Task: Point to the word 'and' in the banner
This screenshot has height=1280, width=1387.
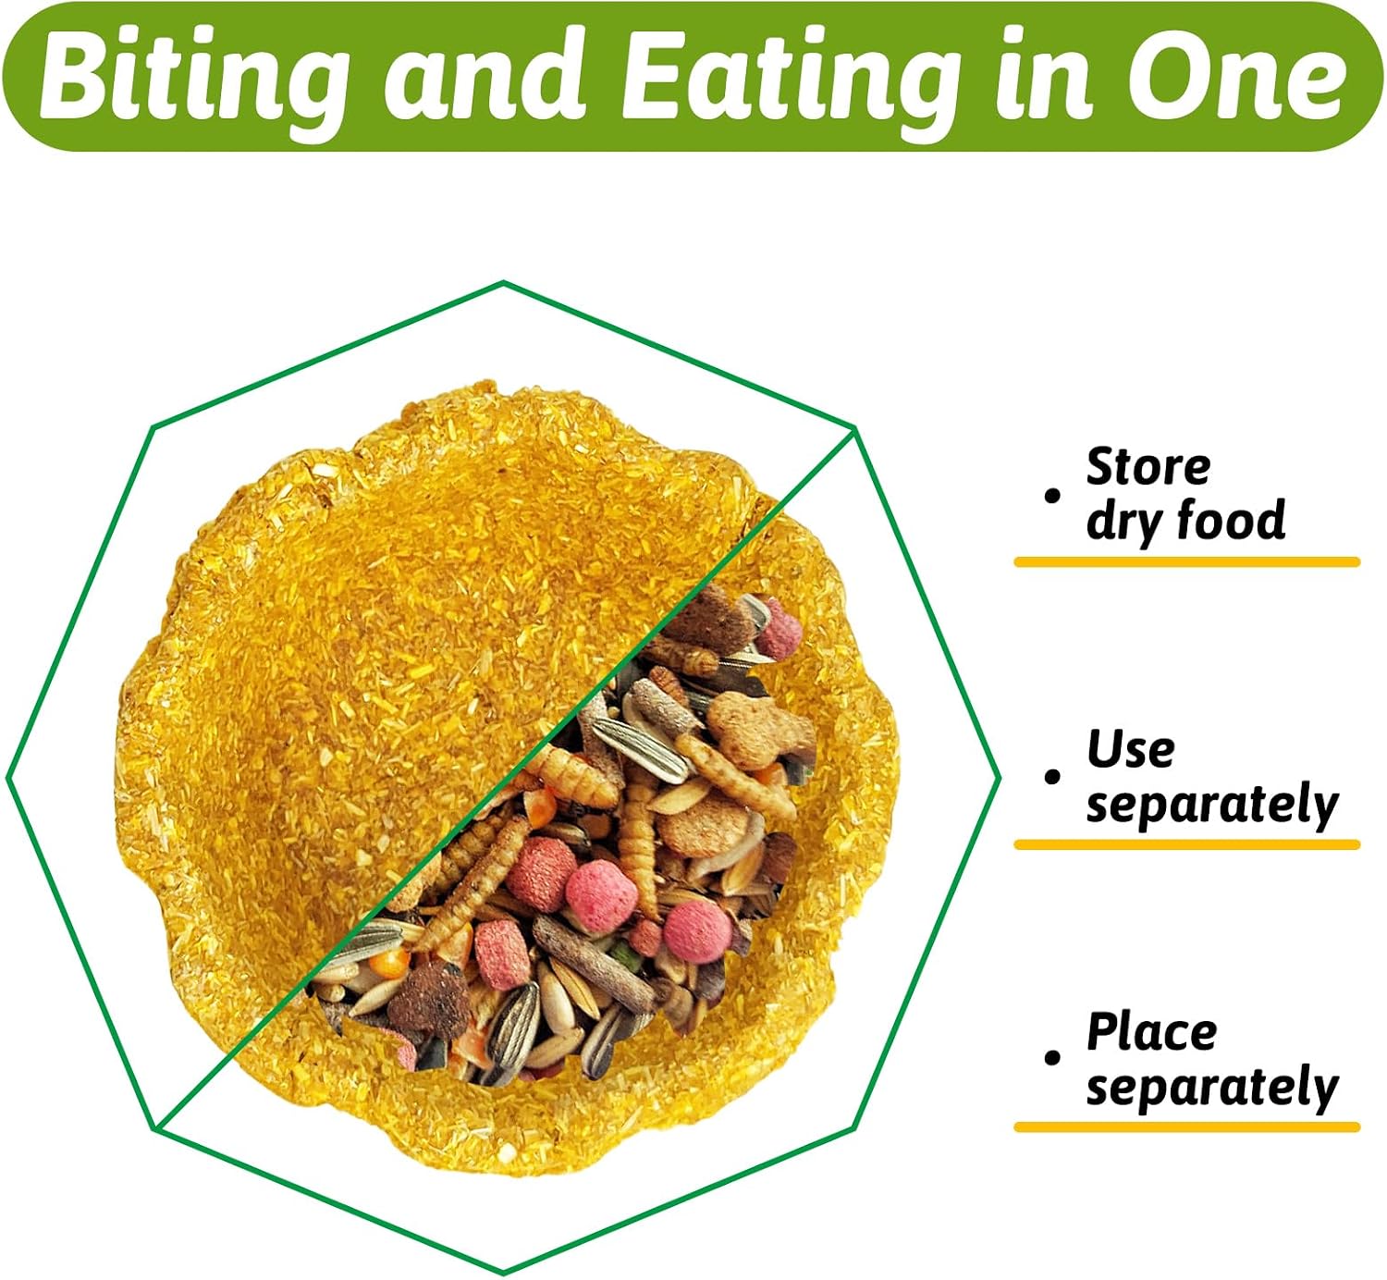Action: (484, 77)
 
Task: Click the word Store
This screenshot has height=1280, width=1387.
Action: (1148, 466)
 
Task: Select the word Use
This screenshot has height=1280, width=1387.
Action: (1130, 750)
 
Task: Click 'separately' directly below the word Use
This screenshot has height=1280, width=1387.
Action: (1211, 807)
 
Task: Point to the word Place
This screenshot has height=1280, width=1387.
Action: (1151, 1032)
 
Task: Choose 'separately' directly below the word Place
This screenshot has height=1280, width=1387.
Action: (1211, 1089)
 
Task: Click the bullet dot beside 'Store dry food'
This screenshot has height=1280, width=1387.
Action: (1051, 496)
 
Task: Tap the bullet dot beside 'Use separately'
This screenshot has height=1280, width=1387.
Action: (1051, 777)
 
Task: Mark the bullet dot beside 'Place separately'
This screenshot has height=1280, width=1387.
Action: (1051, 1058)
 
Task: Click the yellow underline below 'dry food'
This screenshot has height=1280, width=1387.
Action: (1186, 562)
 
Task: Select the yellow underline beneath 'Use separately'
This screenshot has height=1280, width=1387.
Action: (1186, 844)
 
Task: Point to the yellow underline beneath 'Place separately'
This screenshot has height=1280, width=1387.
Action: (1186, 1127)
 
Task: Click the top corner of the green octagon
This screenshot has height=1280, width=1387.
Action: (504, 282)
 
